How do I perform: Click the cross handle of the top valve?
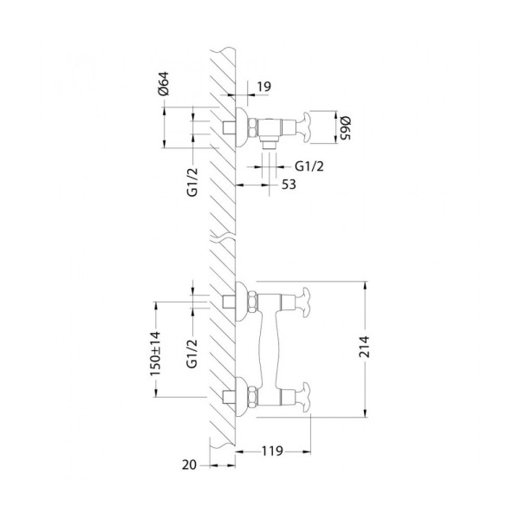[x=305, y=127]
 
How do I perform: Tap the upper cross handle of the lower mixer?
[x=305, y=301]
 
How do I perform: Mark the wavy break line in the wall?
[x=224, y=235]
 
